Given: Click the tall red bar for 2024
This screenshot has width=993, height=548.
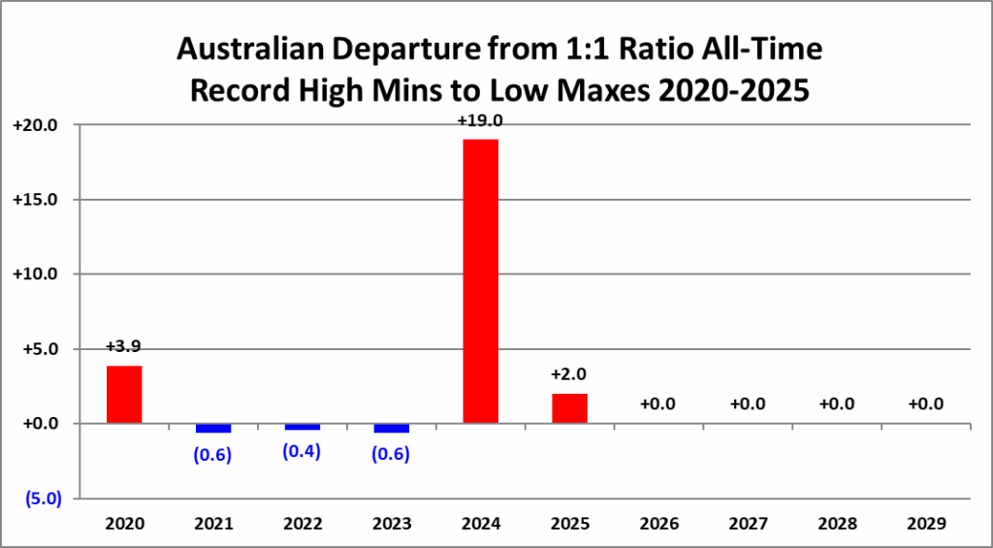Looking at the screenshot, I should pyautogui.click(x=481, y=281).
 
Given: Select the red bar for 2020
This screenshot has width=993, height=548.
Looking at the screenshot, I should pyautogui.click(x=124, y=394).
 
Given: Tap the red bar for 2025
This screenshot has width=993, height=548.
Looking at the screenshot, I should pyautogui.click(x=569, y=408).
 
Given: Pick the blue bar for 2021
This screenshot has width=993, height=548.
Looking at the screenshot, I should pyautogui.click(x=213, y=428).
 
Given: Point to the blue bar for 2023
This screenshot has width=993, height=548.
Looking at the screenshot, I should pyautogui.click(x=392, y=428).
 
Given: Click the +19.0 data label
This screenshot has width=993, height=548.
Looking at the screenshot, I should pyautogui.click(x=481, y=121).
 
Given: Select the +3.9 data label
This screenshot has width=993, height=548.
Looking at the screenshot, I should pyautogui.click(x=124, y=346).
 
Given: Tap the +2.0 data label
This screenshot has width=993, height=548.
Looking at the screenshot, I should pyautogui.click(x=569, y=374).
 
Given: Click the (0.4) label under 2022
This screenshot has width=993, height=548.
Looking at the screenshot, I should pyautogui.click(x=303, y=451).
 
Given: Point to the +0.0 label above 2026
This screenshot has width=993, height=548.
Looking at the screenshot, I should pyautogui.click(x=658, y=403).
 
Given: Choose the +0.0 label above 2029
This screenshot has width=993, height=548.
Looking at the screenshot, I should pyautogui.click(x=926, y=403).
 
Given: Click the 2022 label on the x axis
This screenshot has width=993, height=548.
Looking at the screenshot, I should pyautogui.click(x=303, y=524).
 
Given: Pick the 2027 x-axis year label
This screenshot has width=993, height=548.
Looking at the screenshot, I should pyautogui.click(x=748, y=524).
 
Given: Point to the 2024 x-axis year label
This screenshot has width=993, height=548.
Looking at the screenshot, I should pyautogui.click(x=481, y=524).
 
